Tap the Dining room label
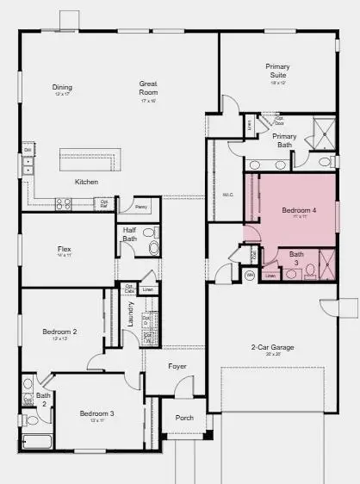(62, 87)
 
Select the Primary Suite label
(277, 71)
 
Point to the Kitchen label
(86, 182)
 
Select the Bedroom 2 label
(60, 332)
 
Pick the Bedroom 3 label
(97, 413)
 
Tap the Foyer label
(177, 366)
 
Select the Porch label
(183, 418)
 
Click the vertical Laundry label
(130, 326)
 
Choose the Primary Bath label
(284, 140)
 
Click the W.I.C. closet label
(228, 195)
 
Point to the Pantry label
(140, 208)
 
